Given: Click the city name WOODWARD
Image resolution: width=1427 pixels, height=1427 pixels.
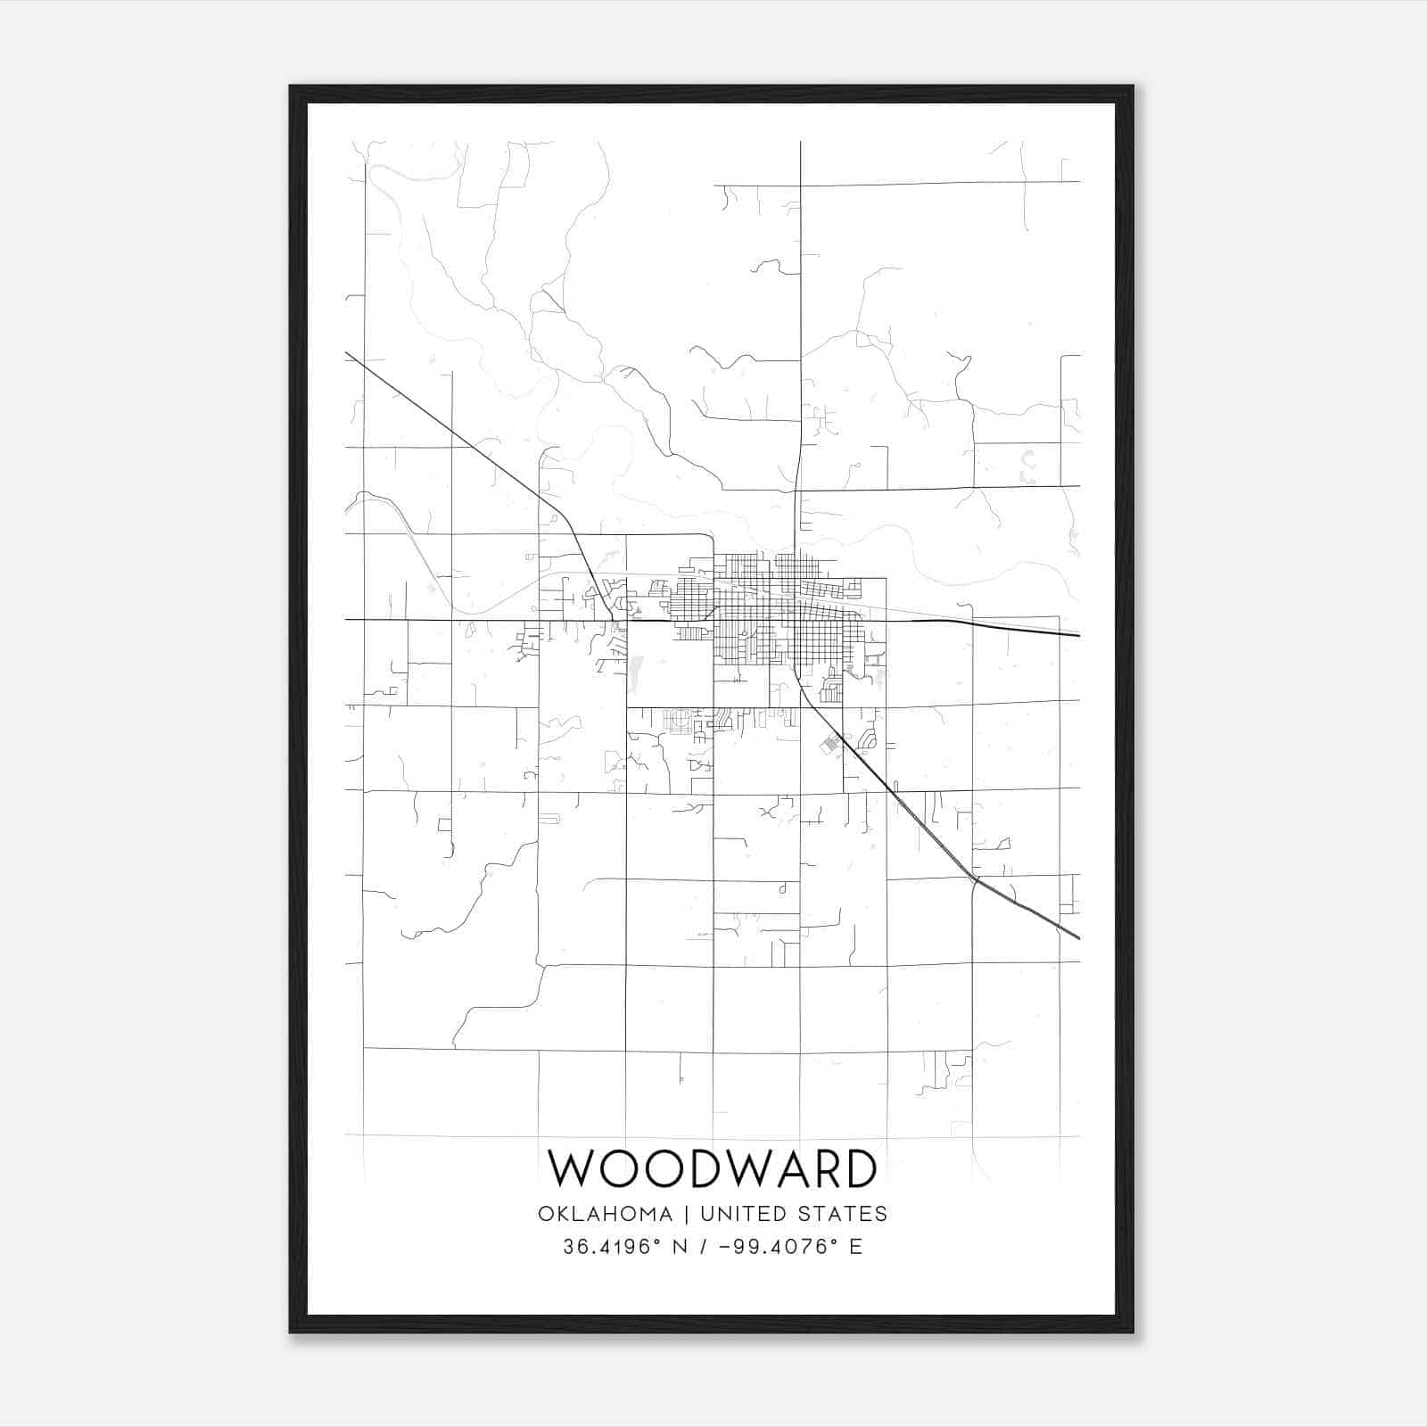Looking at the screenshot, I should (712, 1168).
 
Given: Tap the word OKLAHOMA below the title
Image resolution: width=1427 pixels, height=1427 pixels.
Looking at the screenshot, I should (605, 1214).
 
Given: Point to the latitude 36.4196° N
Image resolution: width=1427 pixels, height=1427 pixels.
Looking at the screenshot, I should (624, 1247).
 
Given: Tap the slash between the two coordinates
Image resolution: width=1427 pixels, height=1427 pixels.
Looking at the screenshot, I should (704, 1247).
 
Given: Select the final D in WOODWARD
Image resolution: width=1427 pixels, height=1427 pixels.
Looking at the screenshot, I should (858, 1168).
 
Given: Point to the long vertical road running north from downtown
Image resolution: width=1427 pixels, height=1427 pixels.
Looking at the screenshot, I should (800, 312).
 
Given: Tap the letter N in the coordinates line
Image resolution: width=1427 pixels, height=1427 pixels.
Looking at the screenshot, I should (680, 1247).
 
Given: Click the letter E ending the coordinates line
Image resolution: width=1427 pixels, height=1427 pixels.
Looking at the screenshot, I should (856, 1247).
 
